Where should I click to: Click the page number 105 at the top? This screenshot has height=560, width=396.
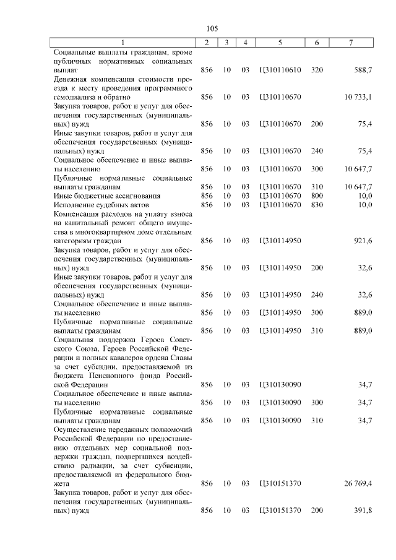[x=212, y=28]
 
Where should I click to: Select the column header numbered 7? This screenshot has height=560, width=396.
[x=351, y=43]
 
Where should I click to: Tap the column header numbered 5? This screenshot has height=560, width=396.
[x=280, y=43]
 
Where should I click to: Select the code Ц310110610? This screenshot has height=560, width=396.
[x=280, y=71]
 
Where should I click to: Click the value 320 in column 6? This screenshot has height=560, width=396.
[x=317, y=71]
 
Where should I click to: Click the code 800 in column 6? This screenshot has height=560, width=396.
[x=317, y=196]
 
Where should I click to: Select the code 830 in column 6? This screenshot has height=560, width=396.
[x=317, y=204]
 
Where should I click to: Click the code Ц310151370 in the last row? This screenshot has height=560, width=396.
[x=280, y=512]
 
